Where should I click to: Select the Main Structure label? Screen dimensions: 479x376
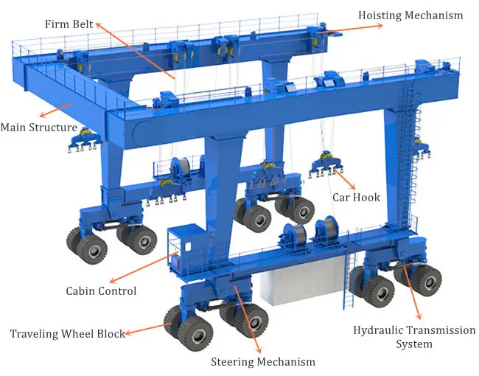pos(38,128)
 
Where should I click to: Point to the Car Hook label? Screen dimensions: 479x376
pos(357,197)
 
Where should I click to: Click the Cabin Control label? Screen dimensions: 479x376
pos(102,290)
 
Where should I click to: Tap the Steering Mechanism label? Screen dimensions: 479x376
pos(263,361)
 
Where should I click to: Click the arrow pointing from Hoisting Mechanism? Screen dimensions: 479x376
pos(354,27)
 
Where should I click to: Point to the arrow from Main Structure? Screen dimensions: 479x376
pos(57,110)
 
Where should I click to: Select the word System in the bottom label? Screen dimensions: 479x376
pos(413,344)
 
